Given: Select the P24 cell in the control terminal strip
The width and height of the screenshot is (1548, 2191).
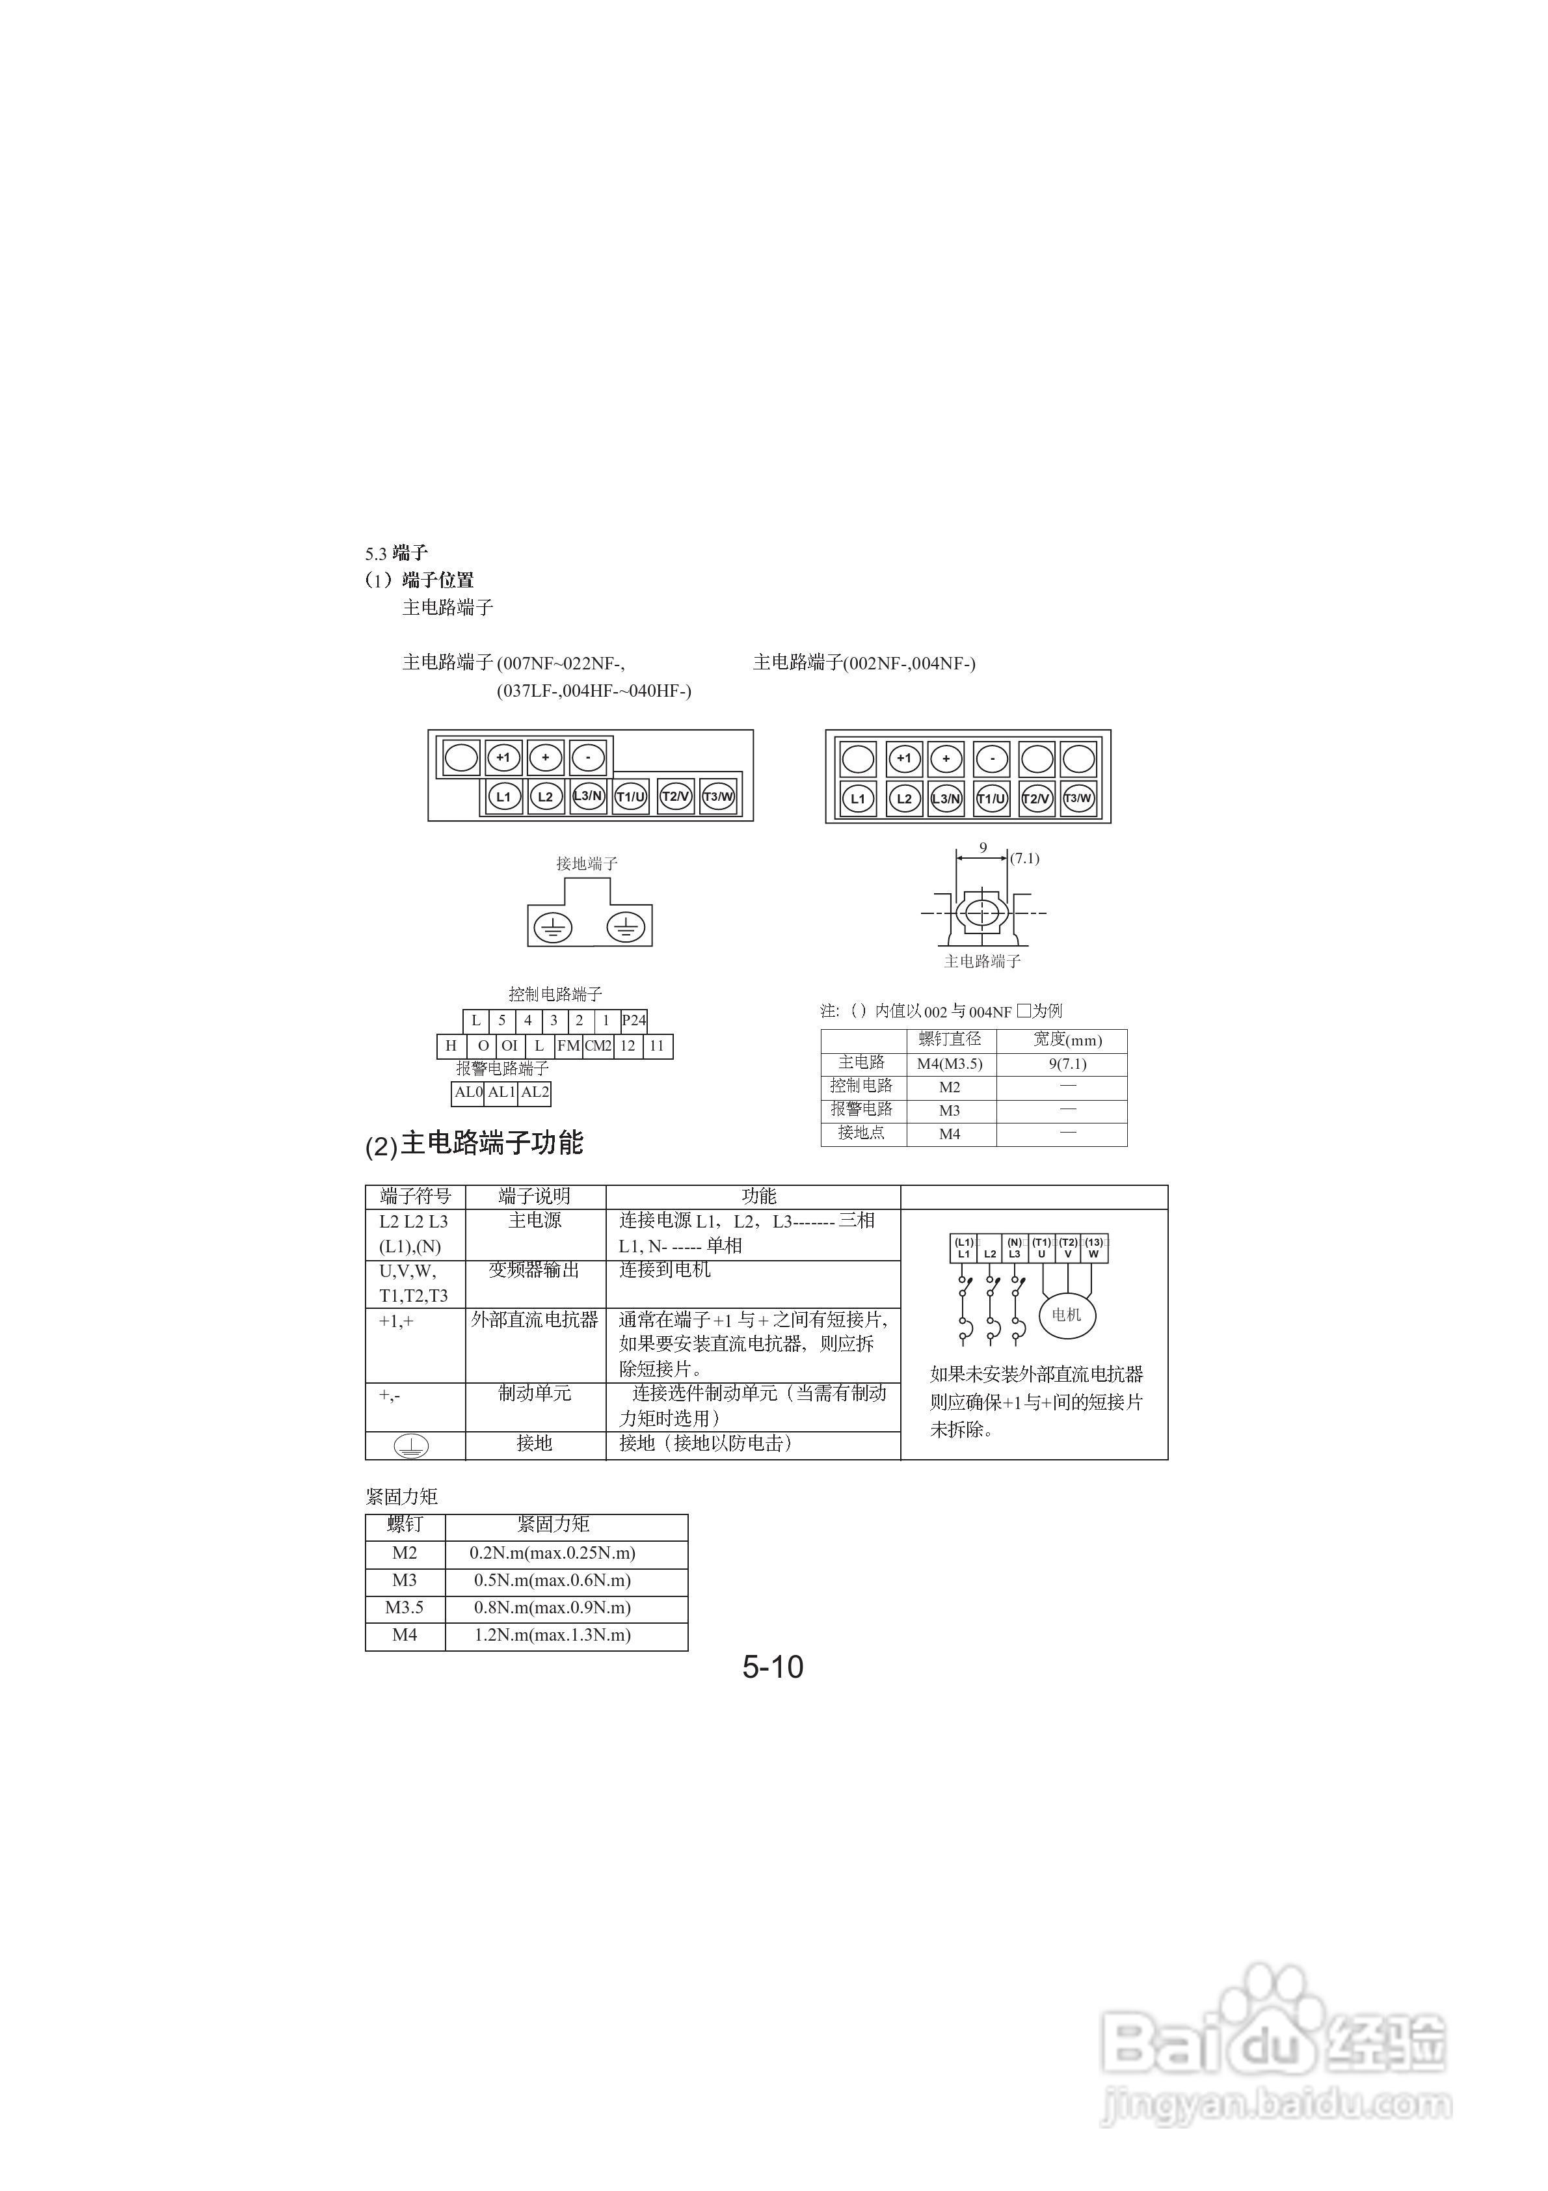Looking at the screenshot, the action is (x=634, y=1020).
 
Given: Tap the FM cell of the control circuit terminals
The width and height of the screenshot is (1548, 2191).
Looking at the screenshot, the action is (x=569, y=1046).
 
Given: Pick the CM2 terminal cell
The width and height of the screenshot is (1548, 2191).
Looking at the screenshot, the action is (x=598, y=1046).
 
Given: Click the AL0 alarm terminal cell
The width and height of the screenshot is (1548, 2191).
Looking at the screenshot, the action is (x=468, y=1093).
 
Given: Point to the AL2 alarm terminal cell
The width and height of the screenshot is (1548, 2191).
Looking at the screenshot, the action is (x=535, y=1093).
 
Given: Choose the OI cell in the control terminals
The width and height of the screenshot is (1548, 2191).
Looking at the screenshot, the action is (x=510, y=1046).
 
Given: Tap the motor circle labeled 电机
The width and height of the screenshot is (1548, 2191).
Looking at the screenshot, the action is (x=1066, y=1316).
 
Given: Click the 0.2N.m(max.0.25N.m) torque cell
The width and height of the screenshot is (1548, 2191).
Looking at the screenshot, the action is (x=553, y=1553).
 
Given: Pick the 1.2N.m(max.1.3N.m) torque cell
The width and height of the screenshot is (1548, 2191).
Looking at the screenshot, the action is (x=553, y=1635).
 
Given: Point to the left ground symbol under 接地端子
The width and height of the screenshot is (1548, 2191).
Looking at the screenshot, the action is (x=554, y=926).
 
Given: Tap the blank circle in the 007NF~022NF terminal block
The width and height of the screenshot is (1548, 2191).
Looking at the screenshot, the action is (x=461, y=758).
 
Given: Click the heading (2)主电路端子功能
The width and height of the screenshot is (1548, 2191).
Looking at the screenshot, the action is (x=474, y=1143).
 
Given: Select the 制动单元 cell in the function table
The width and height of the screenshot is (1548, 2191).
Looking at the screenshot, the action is (x=535, y=1394).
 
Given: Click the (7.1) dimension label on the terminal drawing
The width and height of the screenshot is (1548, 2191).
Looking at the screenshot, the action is (x=1025, y=858).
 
